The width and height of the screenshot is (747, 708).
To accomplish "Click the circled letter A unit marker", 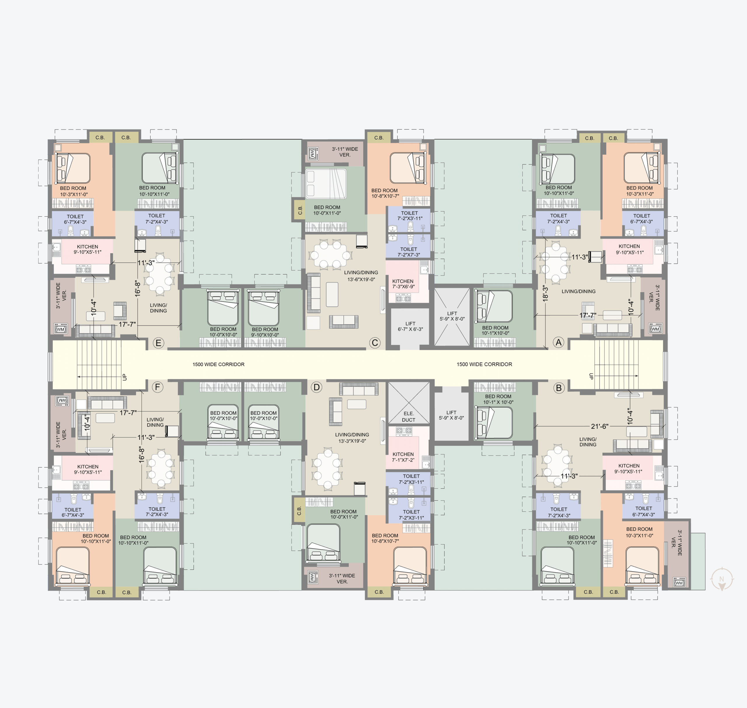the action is coord(558,342).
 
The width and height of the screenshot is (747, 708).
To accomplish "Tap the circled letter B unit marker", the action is coord(559,388).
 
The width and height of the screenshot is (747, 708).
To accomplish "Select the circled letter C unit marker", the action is coord(375,343).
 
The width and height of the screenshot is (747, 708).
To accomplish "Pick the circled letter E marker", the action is coord(158,343).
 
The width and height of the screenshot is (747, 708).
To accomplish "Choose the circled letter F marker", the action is coord(157,387).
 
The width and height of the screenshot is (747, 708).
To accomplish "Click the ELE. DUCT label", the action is coord(409,417).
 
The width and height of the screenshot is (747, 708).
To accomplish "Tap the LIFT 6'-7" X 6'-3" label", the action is coord(411,326).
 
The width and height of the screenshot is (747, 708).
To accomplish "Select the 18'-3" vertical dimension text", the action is coord(545,293).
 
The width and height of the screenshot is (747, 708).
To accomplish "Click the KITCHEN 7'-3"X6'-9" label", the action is coord(403,284).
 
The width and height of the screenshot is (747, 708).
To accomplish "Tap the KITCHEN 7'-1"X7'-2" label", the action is coord(403,457).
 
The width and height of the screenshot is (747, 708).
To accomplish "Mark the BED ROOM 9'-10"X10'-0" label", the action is coord(265,332).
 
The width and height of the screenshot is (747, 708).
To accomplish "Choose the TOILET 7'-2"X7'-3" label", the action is coord(409,252).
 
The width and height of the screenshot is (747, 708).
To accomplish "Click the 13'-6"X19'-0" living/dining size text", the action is coord(361,280).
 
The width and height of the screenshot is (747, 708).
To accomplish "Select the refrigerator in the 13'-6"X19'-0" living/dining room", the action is coord(362,241).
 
